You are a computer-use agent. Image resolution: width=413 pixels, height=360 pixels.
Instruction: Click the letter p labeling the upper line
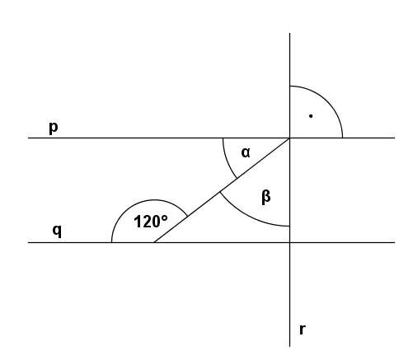(x=54, y=128)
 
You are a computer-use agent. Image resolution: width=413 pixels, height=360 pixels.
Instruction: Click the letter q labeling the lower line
(x=57, y=231)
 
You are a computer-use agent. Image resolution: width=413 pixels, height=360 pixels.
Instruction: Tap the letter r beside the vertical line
(x=303, y=330)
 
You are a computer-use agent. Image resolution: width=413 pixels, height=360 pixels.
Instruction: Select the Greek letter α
(x=246, y=152)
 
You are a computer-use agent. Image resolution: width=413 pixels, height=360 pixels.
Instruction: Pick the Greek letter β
(x=266, y=197)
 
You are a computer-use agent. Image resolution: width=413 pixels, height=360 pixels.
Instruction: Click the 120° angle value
(x=151, y=222)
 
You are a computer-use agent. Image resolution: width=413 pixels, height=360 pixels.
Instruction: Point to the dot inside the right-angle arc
(x=311, y=116)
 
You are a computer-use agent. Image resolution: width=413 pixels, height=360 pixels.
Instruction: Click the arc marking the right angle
(x=327, y=101)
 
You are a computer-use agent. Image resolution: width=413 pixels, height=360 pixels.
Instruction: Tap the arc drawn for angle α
(x=227, y=160)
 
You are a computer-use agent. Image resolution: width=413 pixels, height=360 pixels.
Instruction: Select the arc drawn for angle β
(x=249, y=217)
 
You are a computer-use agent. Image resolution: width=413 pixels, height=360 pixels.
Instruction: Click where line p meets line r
(x=289, y=138)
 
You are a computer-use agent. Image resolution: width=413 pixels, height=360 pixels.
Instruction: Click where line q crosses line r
(x=289, y=242)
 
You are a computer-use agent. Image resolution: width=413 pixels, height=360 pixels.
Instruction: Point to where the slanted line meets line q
(x=154, y=242)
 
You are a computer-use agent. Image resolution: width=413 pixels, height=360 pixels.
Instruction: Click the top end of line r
(x=289, y=33)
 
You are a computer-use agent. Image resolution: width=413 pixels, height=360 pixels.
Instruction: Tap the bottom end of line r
(x=289, y=347)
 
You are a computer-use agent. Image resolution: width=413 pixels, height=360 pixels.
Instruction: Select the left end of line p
(x=28, y=138)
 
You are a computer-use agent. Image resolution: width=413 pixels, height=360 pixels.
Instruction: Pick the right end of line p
(x=395, y=138)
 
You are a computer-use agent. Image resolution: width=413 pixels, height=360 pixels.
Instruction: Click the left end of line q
(x=28, y=242)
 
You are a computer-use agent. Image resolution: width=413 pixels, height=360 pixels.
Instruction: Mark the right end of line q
(x=395, y=242)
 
